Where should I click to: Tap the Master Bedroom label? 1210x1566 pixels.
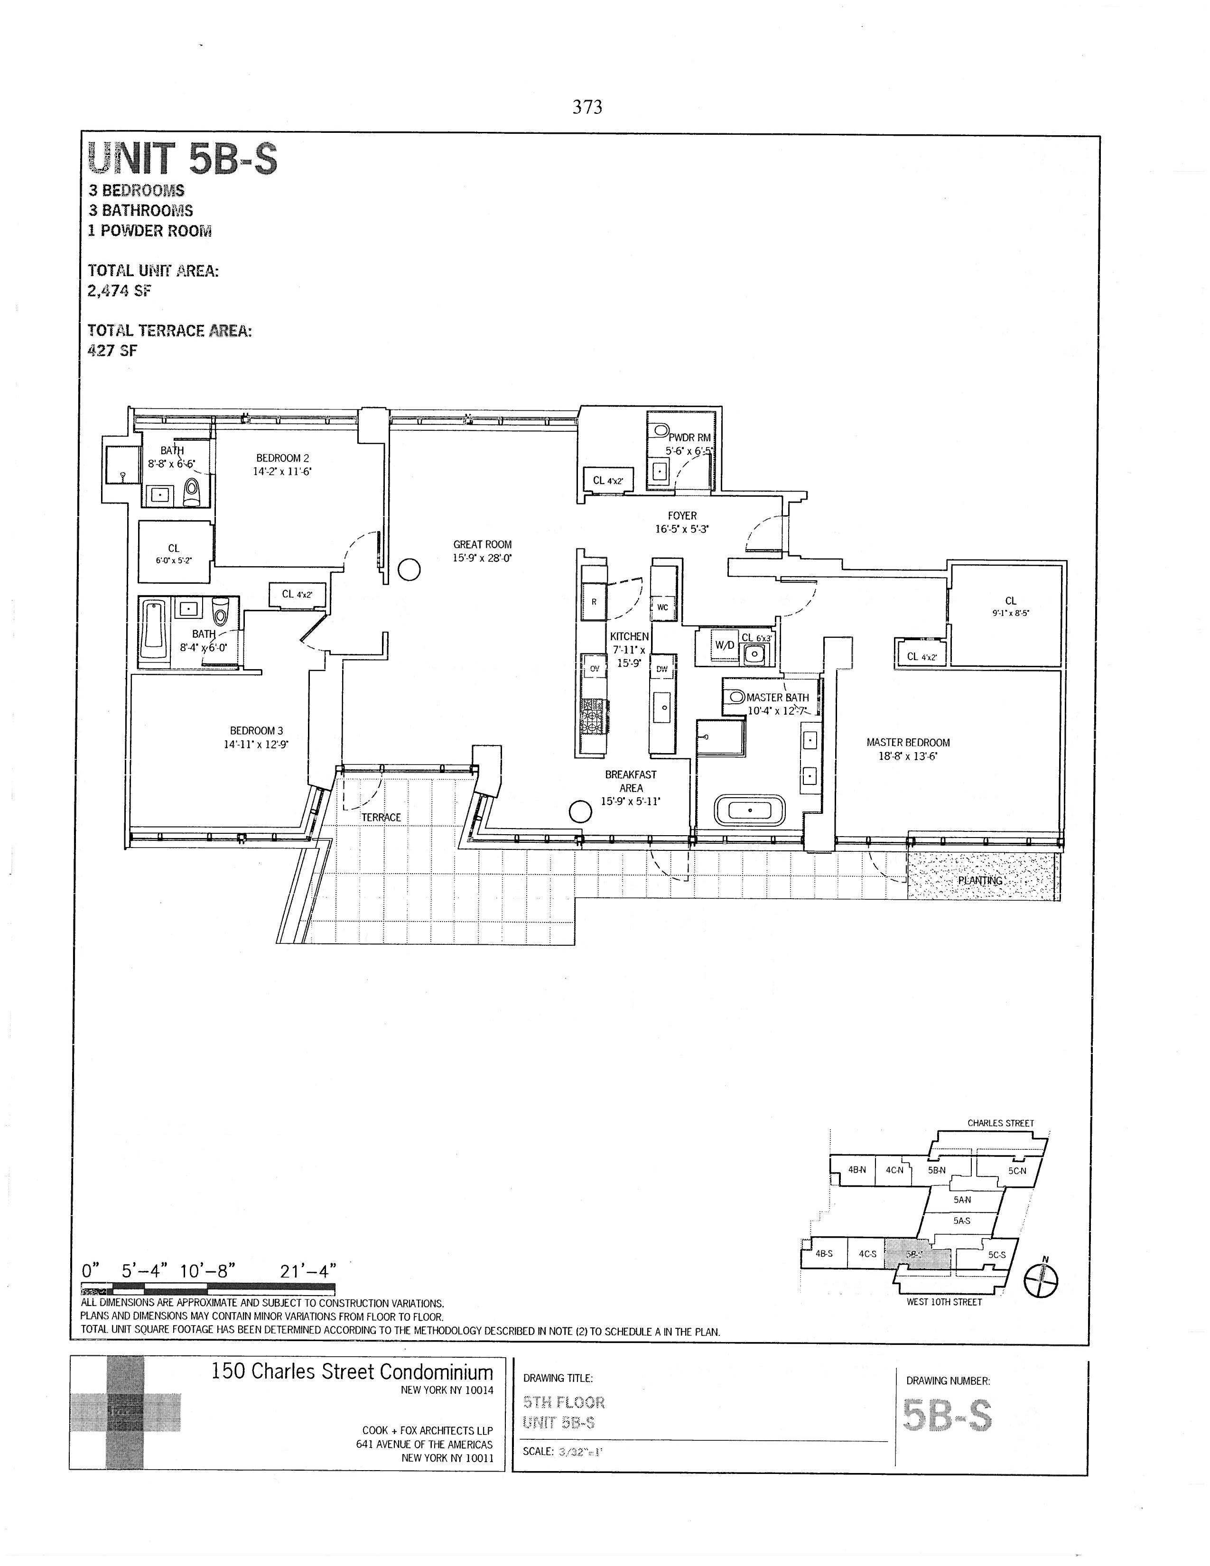click(x=907, y=743)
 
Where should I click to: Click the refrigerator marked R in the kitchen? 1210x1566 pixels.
click(x=594, y=602)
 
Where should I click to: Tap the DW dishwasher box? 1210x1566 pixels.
click(x=661, y=669)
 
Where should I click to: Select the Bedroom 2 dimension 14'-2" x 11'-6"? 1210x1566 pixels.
click(x=282, y=472)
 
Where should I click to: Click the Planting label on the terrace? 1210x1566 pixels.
click(x=980, y=880)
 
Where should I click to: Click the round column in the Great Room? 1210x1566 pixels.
click(x=409, y=570)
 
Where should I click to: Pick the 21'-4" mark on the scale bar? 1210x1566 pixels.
click(x=307, y=1271)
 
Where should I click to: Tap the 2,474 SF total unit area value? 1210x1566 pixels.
click(x=119, y=290)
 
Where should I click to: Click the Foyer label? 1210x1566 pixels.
click(x=682, y=515)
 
